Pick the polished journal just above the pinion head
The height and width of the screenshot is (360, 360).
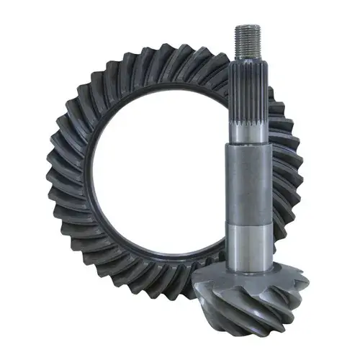click(252, 245)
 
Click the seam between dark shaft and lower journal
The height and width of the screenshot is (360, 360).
click(251, 225)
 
